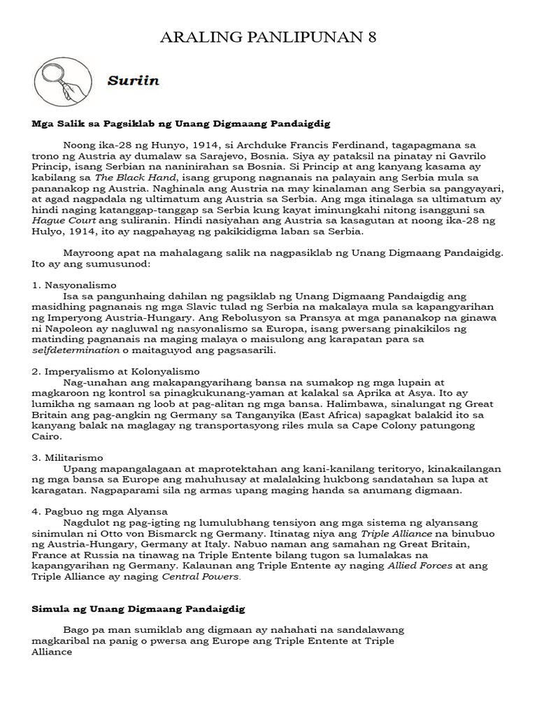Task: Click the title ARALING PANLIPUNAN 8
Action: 268,38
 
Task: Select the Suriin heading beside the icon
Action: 134,80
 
